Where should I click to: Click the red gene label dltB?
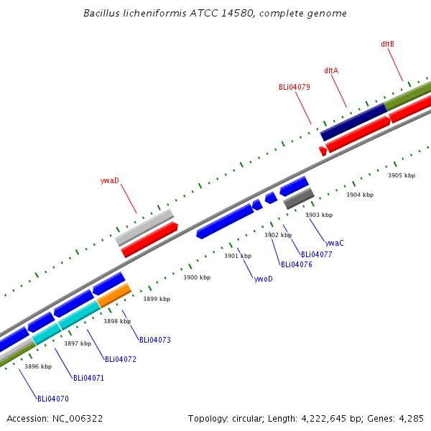(387, 44)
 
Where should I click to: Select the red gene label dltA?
(331, 70)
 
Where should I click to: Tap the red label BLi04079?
(295, 87)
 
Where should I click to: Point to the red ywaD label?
(110, 180)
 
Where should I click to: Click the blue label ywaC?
(335, 243)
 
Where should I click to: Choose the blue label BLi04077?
(316, 254)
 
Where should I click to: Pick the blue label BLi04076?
(296, 264)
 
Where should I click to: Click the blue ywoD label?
(264, 278)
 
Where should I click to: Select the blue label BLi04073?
(154, 340)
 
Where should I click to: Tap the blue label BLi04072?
(120, 359)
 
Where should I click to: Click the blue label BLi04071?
(88, 378)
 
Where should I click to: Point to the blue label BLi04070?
(53, 398)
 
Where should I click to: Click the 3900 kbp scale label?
(197, 277)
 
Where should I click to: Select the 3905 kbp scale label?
(402, 175)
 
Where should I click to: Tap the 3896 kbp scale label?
(38, 366)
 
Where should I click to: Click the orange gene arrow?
(114, 295)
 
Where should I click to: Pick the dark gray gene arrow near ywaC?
(299, 198)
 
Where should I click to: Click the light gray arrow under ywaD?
(144, 227)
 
